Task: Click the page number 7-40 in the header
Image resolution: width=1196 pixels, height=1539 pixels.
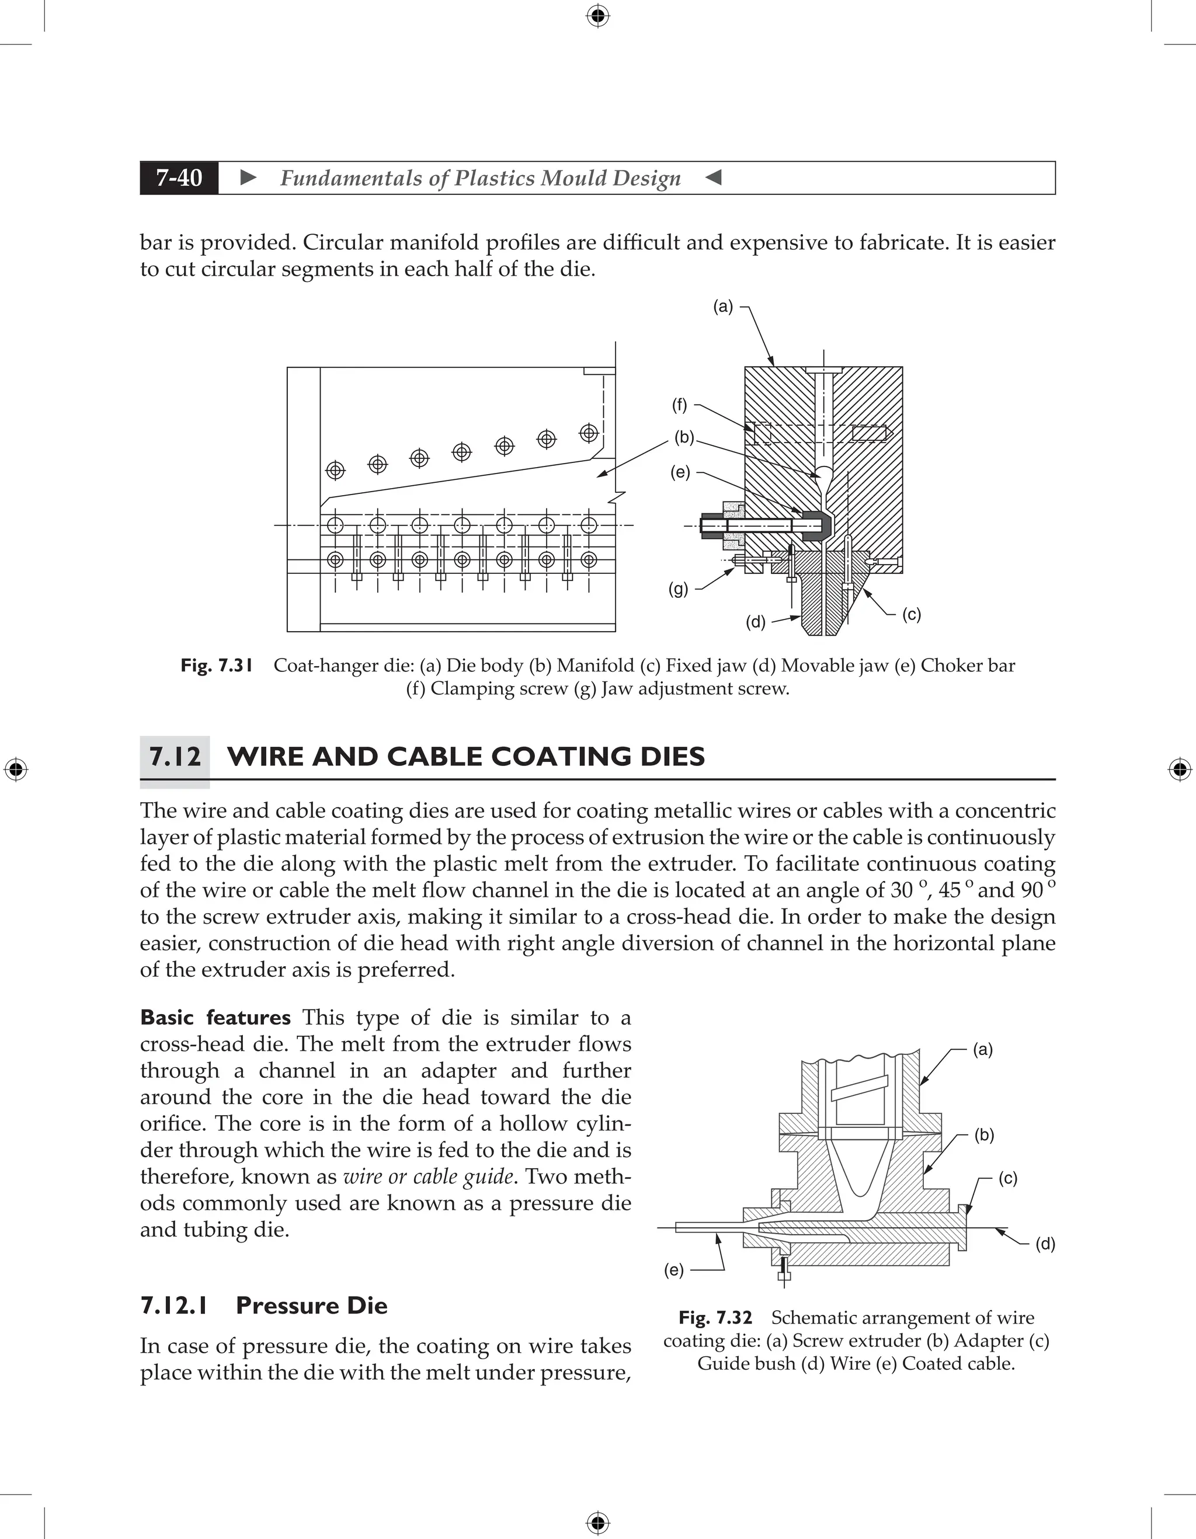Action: pos(179,177)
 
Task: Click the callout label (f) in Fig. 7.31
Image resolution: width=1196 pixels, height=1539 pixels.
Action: pos(679,405)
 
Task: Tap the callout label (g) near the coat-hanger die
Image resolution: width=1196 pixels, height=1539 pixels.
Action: pos(678,589)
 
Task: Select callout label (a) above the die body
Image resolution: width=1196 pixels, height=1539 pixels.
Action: pos(723,307)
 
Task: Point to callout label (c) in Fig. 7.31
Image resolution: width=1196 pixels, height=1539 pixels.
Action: pos(911,614)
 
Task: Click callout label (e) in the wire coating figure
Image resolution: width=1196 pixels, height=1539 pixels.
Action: pos(674,1270)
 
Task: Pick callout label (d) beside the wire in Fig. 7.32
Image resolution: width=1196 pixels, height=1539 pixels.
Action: pos(1045,1244)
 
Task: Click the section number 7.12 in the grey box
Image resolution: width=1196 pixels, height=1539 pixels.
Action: pos(175,757)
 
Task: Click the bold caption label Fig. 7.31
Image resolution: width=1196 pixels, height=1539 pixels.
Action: pos(216,665)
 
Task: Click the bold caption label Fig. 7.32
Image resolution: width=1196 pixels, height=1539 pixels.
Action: pos(715,1318)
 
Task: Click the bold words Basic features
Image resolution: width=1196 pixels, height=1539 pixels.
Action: pos(215,1018)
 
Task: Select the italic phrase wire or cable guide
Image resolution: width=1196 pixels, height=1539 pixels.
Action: pos(428,1177)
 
